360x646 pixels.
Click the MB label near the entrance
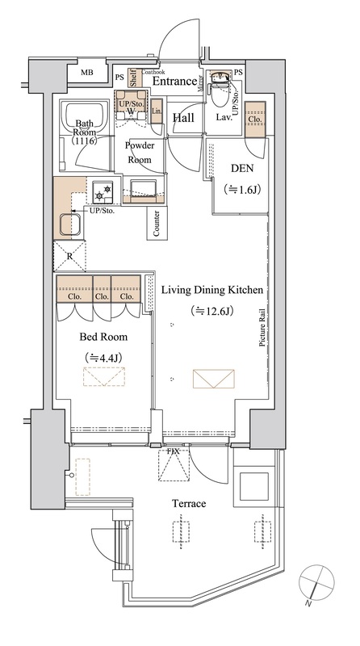[x=87, y=73]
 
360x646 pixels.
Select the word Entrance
[x=174, y=82]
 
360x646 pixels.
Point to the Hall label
[x=183, y=118]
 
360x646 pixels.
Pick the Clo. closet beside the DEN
[x=255, y=119]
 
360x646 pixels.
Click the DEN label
[x=242, y=168]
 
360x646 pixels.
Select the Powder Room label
[x=140, y=153]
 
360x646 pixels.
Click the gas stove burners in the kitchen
[x=103, y=192]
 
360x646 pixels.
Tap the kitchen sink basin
[x=71, y=224]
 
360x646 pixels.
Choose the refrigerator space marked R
[x=69, y=255]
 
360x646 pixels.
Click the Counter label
[x=157, y=224]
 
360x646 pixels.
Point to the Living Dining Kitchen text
[x=211, y=290]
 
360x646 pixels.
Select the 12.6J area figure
[x=212, y=311]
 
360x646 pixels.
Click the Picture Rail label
[x=262, y=329]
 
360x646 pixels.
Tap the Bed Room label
[x=103, y=337]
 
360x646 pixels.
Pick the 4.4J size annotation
[x=103, y=357]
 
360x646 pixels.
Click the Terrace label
[x=189, y=503]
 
